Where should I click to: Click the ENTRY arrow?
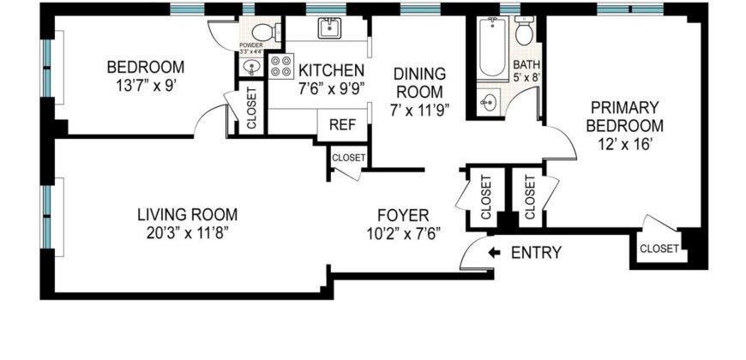495,253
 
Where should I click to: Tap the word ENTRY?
536,253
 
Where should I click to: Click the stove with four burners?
280,67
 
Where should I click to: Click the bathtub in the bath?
490,49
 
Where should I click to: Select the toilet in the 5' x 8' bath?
525,33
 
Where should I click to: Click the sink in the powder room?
252,67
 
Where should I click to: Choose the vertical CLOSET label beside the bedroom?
252,108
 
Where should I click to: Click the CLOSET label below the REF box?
348,158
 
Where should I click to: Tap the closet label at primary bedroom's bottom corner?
659,249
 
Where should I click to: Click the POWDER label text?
251,45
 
